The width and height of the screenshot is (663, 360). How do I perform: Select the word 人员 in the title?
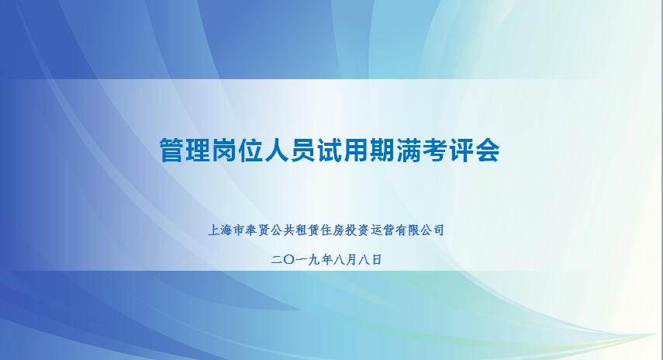(290, 150)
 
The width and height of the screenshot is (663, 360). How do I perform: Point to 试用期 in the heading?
(355, 150)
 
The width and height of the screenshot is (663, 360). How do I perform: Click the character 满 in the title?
(408, 150)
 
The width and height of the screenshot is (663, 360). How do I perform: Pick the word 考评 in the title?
(447, 150)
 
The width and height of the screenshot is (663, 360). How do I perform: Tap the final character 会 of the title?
(487, 150)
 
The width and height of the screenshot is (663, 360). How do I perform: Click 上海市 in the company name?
(226, 230)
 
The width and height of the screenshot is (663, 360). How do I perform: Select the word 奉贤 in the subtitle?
(257, 230)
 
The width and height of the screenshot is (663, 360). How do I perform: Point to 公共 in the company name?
(282, 230)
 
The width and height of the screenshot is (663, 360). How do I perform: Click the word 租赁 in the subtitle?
(307, 230)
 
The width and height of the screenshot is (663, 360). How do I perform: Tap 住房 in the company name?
(332, 230)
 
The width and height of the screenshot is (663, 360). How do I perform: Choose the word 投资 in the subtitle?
(357, 230)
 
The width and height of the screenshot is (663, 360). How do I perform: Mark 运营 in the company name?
(382, 230)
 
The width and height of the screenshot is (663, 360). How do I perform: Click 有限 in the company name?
(407, 230)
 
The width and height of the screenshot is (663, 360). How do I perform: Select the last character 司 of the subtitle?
(438, 230)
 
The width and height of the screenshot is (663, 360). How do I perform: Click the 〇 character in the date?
(290, 260)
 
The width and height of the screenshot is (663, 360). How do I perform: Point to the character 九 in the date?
(314, 260)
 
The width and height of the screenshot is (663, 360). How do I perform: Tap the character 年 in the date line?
(326, 260)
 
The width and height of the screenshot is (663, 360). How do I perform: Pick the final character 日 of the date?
(376, 260)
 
